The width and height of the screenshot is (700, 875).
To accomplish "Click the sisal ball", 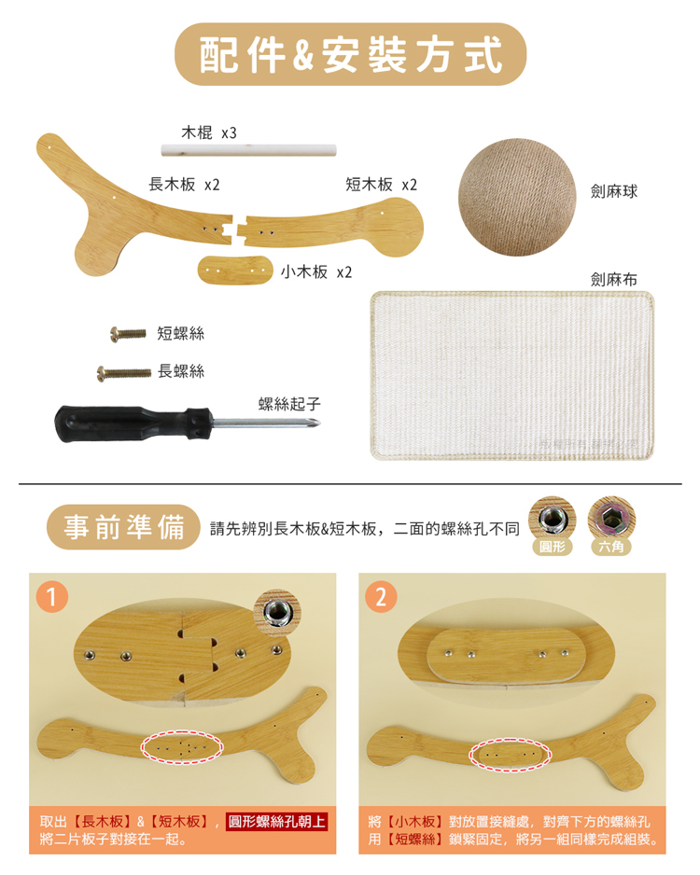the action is (516, 198).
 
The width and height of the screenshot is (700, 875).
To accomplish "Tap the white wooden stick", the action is (249, 150).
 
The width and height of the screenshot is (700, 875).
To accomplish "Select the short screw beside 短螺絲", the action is (128, 334).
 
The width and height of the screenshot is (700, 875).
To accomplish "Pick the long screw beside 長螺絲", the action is (124, 373).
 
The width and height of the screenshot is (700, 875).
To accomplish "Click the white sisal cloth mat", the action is (511, 376).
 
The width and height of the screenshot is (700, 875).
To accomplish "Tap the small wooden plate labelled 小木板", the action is (235, 271).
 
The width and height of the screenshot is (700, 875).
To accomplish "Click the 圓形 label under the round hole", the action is (552, 547).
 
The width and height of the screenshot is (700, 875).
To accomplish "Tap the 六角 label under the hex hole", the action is (610, 547).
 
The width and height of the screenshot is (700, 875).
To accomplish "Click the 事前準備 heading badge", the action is (123, 527).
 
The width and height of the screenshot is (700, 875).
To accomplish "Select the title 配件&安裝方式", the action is (351, 54).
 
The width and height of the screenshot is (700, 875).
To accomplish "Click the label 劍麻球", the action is (614, 192).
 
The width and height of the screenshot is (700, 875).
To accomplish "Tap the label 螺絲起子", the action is (289, 404).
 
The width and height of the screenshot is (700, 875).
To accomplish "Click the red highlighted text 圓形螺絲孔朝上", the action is (276, 822).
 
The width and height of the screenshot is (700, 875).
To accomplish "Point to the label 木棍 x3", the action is (209, 132).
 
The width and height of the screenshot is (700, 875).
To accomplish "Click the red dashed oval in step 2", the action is (511, 755).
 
